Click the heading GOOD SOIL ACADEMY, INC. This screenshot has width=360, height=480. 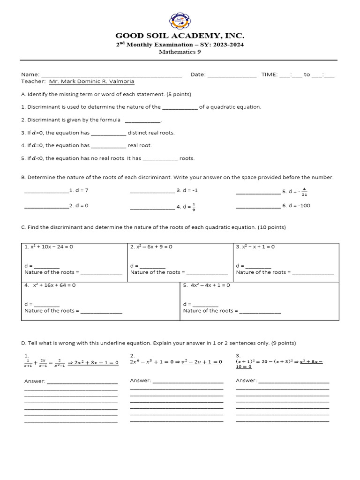(180, 36)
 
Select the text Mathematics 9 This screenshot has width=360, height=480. (180, 52)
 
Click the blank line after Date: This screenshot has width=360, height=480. (232, 75)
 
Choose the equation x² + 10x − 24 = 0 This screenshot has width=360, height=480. (49, 247)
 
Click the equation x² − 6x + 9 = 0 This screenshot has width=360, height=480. (151, 247)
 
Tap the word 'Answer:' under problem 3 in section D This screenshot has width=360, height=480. (246, 381)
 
